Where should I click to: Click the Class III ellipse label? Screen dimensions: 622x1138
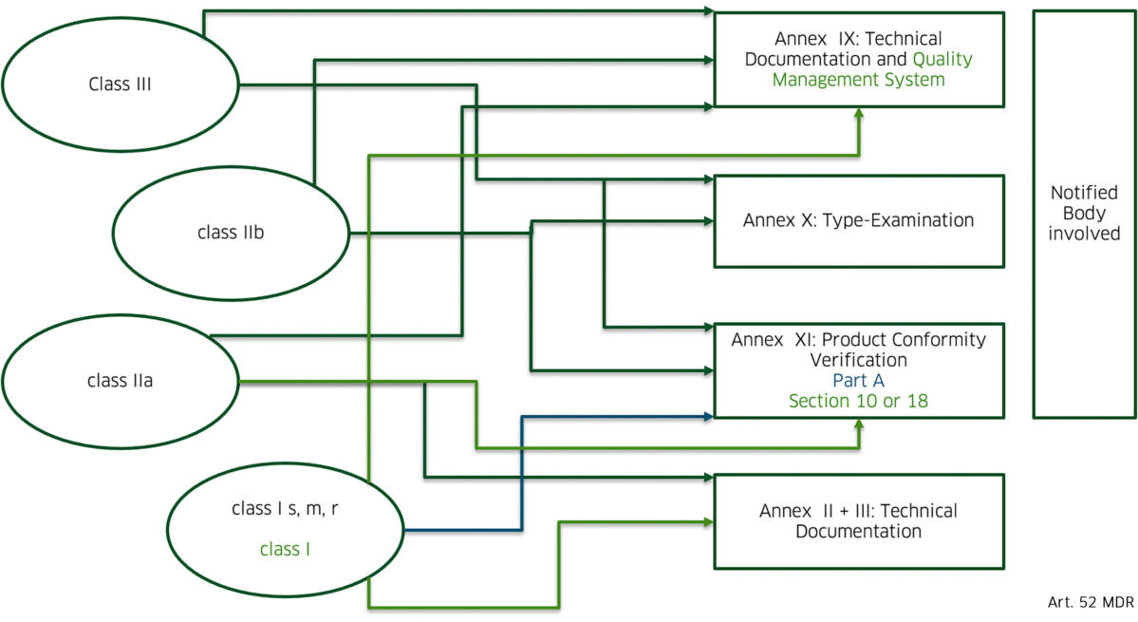click(x=120, y=84)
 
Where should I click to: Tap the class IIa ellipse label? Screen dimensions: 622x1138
click(x=120, y=382)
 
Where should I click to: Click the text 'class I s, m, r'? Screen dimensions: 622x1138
click(x=285, y=509)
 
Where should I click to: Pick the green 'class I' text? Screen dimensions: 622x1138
click(x=285, y=548)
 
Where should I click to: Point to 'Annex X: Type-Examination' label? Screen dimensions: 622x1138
click(x=858, y=220)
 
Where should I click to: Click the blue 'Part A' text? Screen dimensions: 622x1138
click(x=858, y=381)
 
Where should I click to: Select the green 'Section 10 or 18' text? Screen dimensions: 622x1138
click(x=858, y=401)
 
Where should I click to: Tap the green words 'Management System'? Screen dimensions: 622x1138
click(x=858, y=80)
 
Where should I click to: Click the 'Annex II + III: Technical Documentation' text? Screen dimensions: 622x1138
click(x=858, y=520)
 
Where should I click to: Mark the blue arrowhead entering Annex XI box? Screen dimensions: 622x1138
click(x=708, y=416)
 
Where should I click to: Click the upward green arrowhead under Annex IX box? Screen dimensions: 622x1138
click(x=859, y=112)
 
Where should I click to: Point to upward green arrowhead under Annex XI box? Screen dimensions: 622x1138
click(x=859, y=424)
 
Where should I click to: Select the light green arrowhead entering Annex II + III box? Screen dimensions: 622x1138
click(x=708, y=520)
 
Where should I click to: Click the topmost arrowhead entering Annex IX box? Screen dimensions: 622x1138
click(x=708, y=11)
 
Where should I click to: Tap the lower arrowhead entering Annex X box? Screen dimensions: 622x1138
click(x=708, y=222)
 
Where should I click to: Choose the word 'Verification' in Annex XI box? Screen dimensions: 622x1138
click(x=858, y=360)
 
